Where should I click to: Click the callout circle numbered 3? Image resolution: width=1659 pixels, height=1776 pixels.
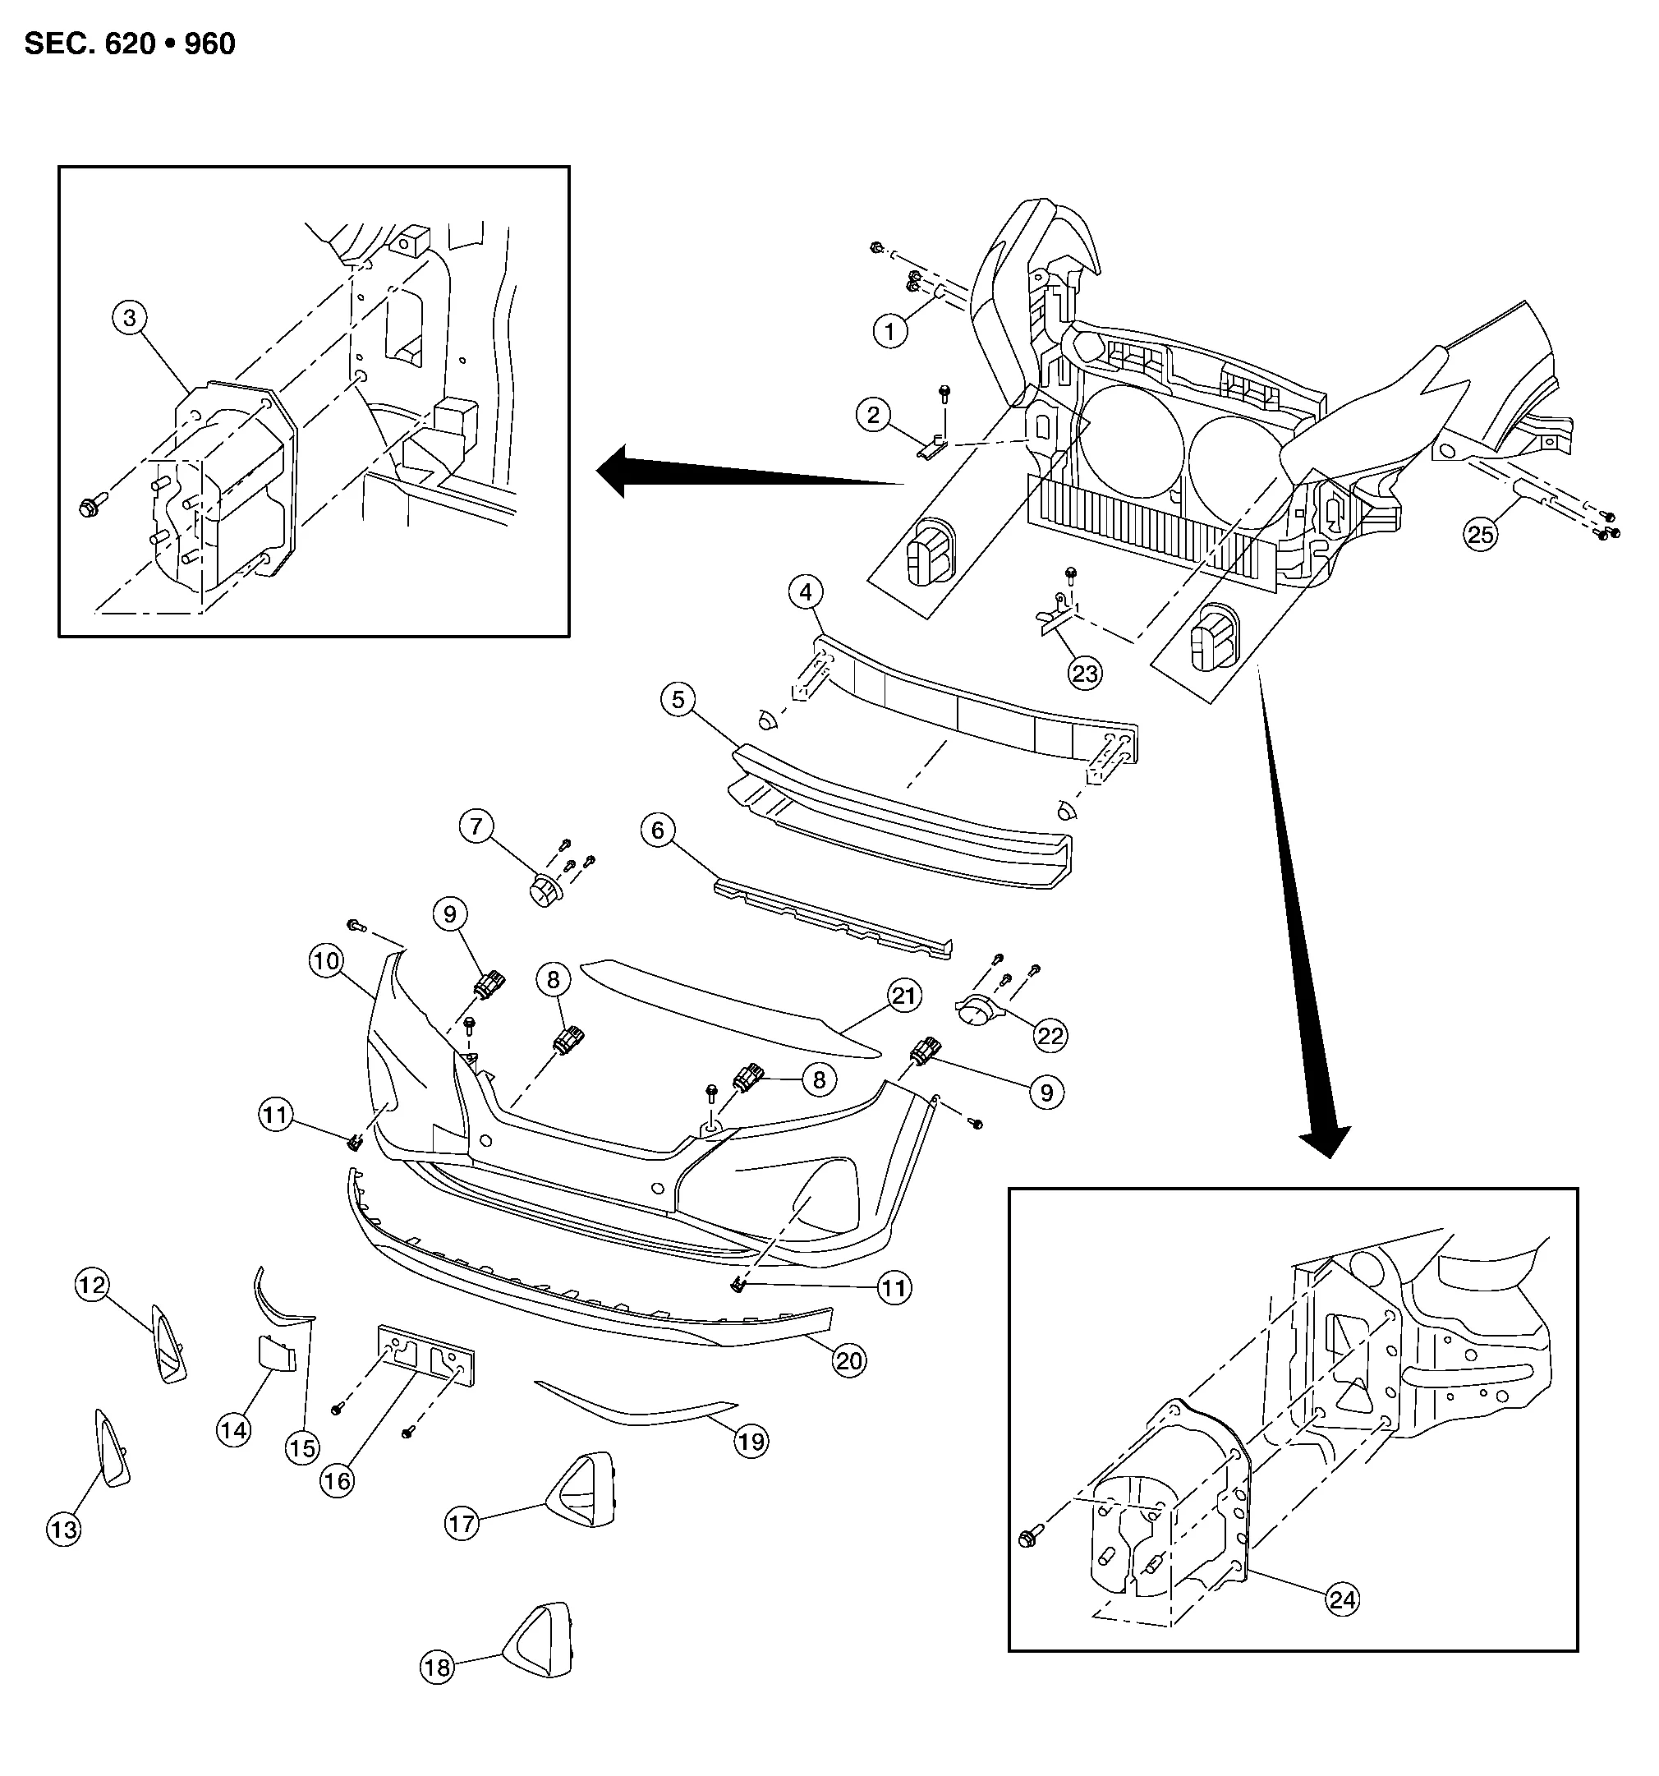pos(131,317)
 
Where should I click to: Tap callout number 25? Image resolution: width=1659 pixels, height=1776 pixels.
pos(1480,534)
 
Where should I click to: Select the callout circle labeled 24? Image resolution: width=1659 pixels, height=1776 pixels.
pos(1343,1599)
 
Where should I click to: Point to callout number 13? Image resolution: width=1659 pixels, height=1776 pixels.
pos(63,1530)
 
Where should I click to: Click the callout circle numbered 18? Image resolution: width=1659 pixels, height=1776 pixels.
pos(437,1668)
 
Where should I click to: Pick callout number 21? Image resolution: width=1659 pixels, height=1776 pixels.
pos(904,996)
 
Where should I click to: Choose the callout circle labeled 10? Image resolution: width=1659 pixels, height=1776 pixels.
pos(326,961)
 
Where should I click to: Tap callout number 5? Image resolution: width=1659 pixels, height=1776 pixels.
pos(678,700)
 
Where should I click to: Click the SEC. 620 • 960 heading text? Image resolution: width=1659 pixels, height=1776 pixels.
pos(131,44)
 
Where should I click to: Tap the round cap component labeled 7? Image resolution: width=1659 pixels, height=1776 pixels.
pos(542,890)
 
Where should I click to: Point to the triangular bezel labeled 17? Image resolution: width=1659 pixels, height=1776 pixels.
pos(581,1489)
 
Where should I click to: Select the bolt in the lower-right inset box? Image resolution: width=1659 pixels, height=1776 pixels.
pos(1030,1539)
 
